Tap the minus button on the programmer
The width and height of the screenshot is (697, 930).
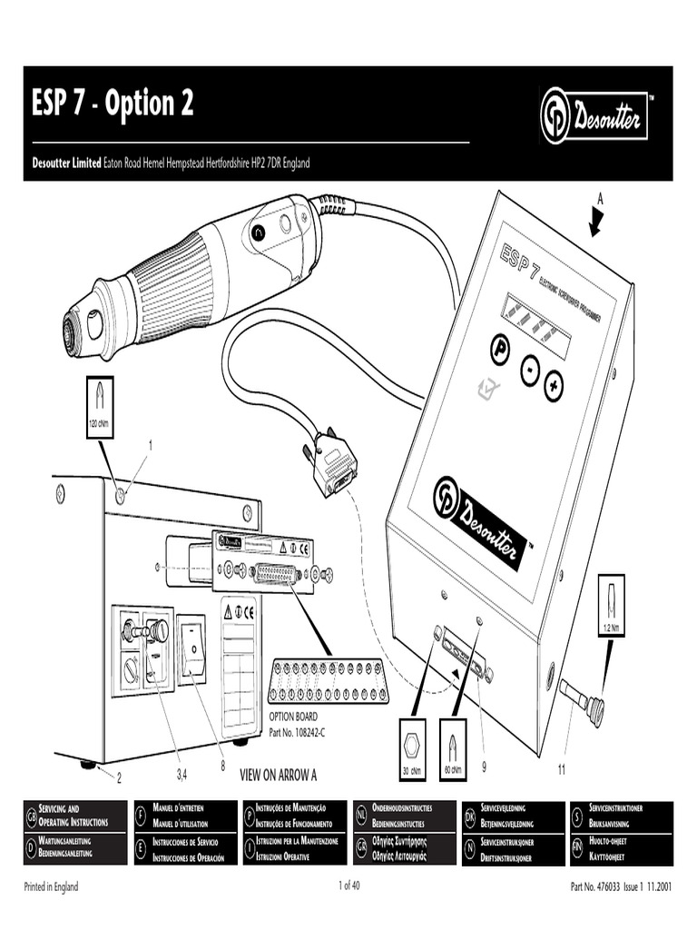coord(529,370)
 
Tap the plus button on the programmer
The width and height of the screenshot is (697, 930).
coord(554,386)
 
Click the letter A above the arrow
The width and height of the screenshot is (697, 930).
coord(599,197)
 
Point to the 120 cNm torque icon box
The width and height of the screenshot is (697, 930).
coord(99,407)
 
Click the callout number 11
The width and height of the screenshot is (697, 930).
coord(561,769)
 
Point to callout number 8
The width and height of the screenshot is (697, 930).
coord(221,765)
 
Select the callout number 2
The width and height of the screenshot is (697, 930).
coord(118,777)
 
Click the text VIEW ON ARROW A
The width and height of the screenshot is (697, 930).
coord(278,775)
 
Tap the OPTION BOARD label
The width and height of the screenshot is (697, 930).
coord(293,717)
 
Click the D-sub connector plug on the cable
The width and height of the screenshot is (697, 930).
coord(333,462)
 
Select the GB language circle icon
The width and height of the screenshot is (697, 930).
coord(31,814)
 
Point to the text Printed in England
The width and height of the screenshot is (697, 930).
coord(51,886)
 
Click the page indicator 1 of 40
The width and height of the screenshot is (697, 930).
coord(349,886)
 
